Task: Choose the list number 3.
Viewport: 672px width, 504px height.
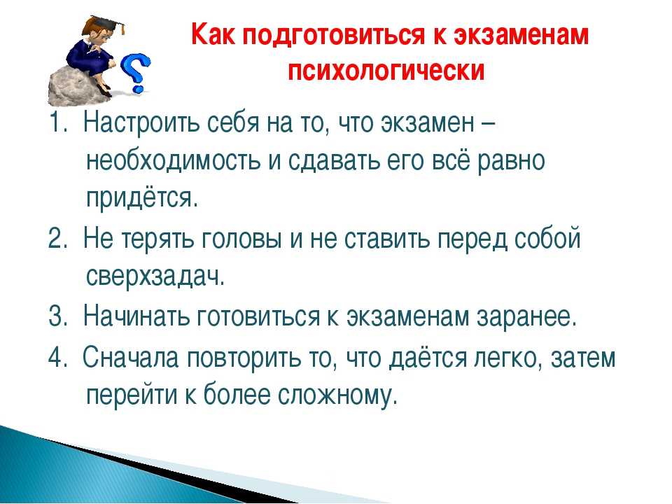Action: point(58,316)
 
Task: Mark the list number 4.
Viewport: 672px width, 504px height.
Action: point(58,357)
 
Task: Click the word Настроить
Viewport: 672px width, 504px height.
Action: point(141,123)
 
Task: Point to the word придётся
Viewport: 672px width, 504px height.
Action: point(143,197)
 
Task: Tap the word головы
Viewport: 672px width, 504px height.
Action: point(240,239)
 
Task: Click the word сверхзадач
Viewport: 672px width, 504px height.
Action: point(155,276)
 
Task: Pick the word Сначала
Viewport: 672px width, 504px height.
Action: point(130,357)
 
